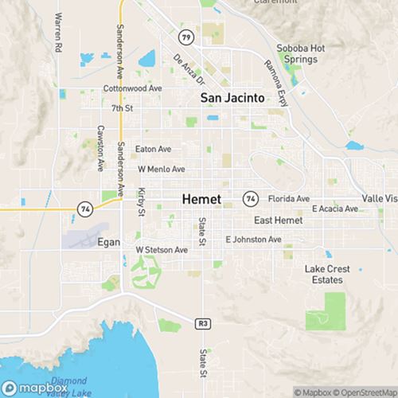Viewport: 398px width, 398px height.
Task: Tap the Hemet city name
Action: click(x=202, y=198)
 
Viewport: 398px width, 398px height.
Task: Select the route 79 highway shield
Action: click(x=185, y=37)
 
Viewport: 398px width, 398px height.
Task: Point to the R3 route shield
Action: click(x=203, y=322)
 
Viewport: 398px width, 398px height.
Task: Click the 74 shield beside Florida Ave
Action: click(x=251, y=197)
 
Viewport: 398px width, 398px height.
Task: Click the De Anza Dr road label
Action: click(x=188, y=69)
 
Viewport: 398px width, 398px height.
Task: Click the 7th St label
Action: click(x=122, y=107)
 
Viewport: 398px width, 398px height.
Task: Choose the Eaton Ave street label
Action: click(x=154, y=148)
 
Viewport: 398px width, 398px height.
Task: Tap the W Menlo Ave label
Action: click(x=161, y=169)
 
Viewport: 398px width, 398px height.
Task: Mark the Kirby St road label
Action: click(x=141, y=201)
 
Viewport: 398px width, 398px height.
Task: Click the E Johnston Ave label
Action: click(x=253, y=239)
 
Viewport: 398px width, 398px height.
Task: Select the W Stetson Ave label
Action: click(x=161, y=249)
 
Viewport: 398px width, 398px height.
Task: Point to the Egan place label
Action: click(x=108, y=242)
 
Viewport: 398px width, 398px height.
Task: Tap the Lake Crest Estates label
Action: click(x=326, y=275)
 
